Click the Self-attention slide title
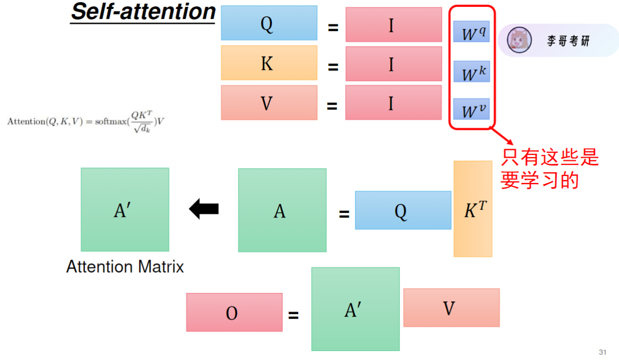tap(143, 12)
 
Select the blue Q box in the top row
tap(269, 23)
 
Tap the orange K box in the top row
tap(269, 63)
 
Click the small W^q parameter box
tap(471, 32)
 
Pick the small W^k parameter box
tap(471, 71)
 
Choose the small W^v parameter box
tap(471, 109)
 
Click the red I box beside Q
tap(393, 24)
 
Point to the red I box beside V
tap(393, 102)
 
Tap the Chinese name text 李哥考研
tap(568, 41)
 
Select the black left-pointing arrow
tap(204, 209)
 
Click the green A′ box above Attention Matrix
tap(125, 210)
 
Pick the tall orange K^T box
tap(473, 209)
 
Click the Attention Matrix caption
tap(125, 267)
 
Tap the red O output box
tap(234, 312)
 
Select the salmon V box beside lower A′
tap(451, 307)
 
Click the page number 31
tap(603, 352)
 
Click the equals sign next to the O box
tap(293, 315)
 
